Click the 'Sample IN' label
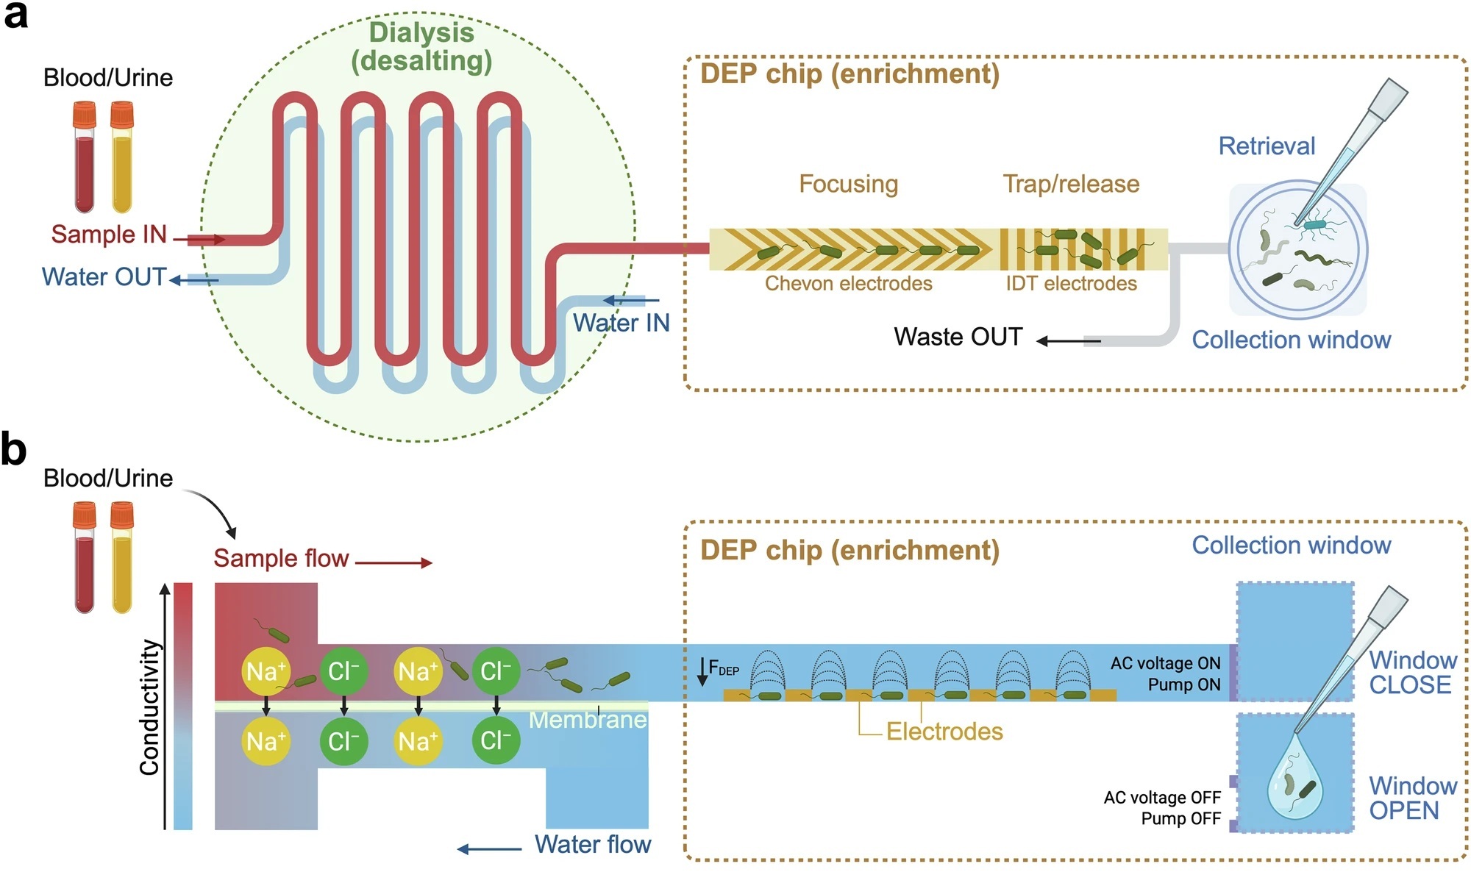pyautogui.click(x=109, y=235)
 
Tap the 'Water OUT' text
pyautogui.click(x=104, y=277)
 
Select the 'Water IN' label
pyautogui.click(x=621, y=323)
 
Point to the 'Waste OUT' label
pyautogui.click(x=958, y=337)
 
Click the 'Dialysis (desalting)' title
pyautogui.click(x=421, y=46)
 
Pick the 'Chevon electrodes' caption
pyautogui.click(x=848, y=284)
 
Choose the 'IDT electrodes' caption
pyautogui.click(x=1071, y=284)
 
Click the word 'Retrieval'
pyautogui.click(x=1267, y=146)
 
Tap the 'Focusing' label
pyautogui.click(x=848, y=184)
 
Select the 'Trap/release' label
pyautogui.click(x=1071, y=184)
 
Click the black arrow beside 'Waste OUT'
pyautogui.click(x=1068, y=341)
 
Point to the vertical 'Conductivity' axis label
pyautogui.click(x=150, y=707)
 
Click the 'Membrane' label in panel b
pyautogui.click(x=588, y=720)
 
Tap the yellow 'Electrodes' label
pyautogui.click(x=944, y=732)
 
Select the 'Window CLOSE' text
pyautogui.click(x=1412, y=672)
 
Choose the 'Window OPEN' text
pyautogui.click(x=1412, y=798)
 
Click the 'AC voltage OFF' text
pyautogui.click(x=1162, y=798)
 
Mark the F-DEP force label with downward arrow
pyautogui.click(x=717, y=669)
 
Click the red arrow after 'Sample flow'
pyautogui.click(x=393, y=563)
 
